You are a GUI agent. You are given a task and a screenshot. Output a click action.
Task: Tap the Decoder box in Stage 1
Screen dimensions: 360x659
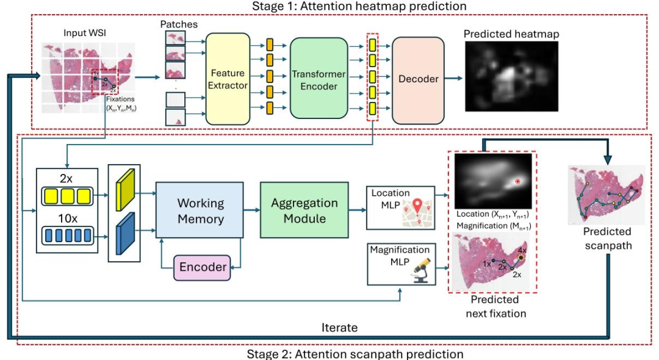coord(418,79)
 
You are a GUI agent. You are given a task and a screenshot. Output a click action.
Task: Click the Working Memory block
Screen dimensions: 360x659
coord(201,211)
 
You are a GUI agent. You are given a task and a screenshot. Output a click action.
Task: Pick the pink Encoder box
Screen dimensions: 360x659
coord(203,267)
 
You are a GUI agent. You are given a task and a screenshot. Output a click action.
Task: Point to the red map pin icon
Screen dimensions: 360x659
coord(417,209)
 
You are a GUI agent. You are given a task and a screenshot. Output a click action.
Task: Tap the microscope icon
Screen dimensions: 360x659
coord(418,272)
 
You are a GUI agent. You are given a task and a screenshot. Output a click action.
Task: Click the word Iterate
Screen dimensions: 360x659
coord(339,328)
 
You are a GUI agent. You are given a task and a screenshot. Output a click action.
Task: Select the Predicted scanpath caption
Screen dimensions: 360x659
coord(607,239)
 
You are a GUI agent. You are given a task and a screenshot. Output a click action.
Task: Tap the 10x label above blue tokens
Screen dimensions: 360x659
coord(67,218)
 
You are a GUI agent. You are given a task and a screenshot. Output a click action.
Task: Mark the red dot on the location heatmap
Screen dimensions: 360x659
coord(518,181)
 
